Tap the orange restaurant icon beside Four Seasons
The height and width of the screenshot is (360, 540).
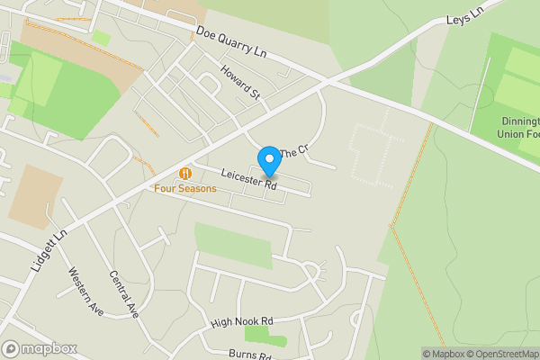tap(185, 173)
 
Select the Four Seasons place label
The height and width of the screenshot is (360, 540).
tap(184, 188)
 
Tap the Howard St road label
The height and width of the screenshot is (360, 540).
tap(241, 82)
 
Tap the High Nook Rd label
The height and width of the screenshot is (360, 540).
tap(241, 321)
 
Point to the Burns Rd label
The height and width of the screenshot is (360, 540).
tap(249, 355)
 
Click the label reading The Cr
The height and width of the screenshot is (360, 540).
tap(293, 153)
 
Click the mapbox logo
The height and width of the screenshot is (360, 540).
tap(40, 348)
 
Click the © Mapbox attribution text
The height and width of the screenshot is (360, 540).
tap(443, 354)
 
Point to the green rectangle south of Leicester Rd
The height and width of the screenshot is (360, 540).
tap(233, 245)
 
